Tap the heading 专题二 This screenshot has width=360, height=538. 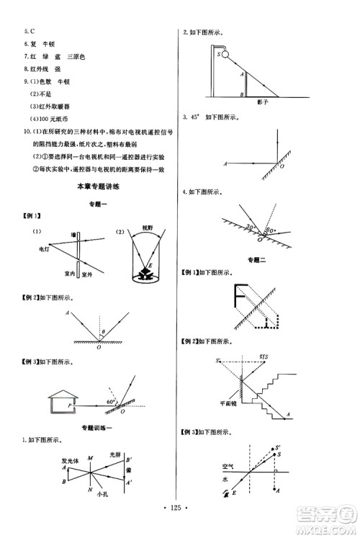pos(257,259)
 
